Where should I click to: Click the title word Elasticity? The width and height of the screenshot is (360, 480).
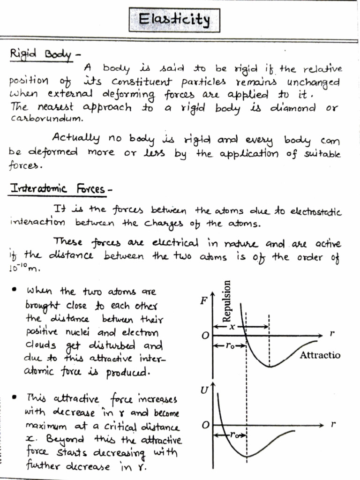coord(174,20)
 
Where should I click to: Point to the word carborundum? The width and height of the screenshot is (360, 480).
coord(46,118)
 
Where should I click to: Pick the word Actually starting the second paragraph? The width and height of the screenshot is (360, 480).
coord(76,138)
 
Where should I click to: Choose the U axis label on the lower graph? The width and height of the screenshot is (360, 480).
coord(204,390)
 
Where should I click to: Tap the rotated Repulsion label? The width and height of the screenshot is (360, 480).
coord(228,300)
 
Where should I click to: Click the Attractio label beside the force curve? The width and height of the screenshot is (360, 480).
coord(320,355)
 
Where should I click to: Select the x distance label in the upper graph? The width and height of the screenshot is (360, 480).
coord(232,327)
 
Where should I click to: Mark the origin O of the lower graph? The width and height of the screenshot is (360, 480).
coord(205,426)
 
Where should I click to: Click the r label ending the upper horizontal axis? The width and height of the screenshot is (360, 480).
coord(332,335)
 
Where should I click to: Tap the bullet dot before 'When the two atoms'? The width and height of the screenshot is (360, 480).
coord(15,291)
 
